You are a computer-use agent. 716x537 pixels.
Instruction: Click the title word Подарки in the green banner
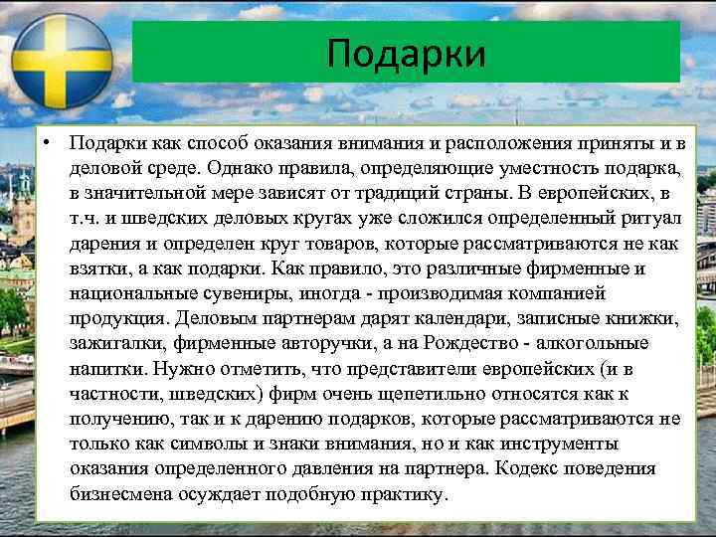click(406, 53)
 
